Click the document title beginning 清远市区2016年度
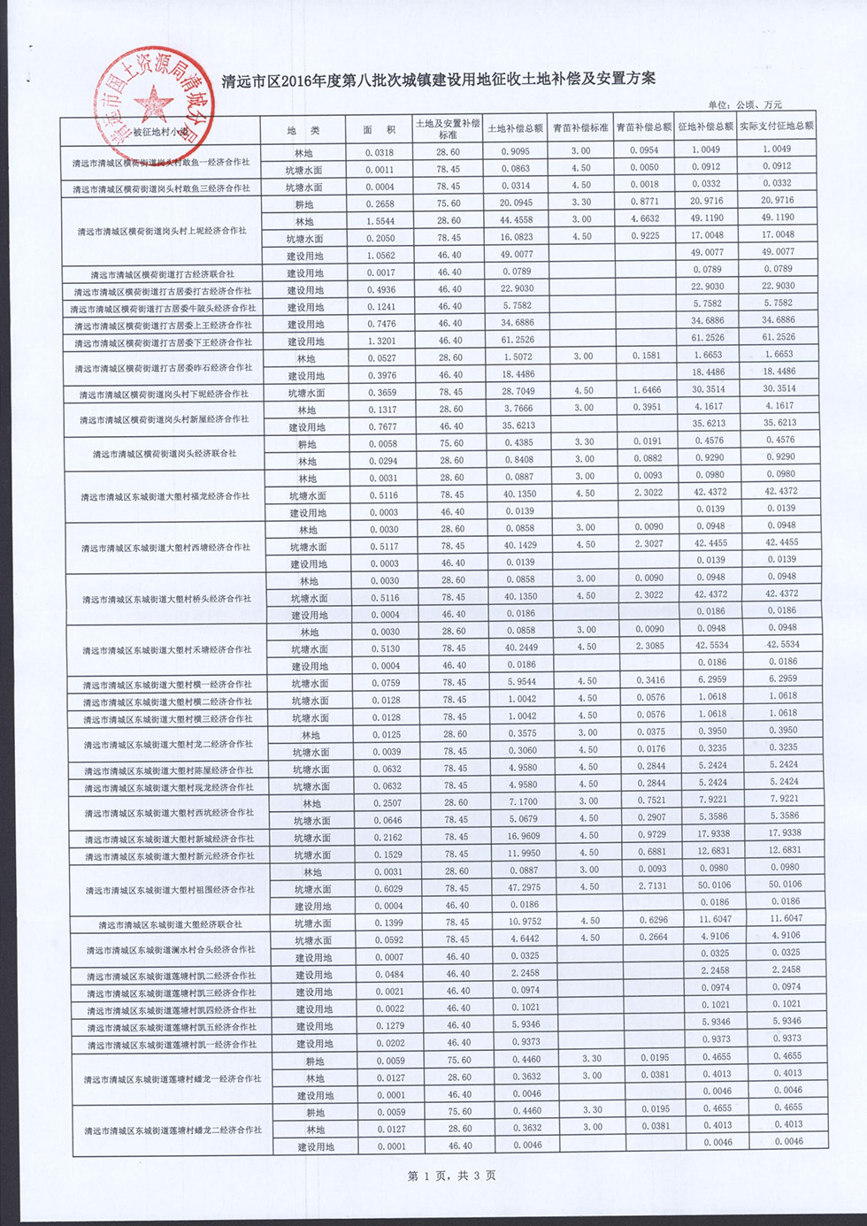click(440, 79)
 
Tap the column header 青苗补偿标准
click(580, 127)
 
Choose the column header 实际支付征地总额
click(776, 126)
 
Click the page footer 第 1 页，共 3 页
click(451, 1176)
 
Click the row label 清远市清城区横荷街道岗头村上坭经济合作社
click(162, 231)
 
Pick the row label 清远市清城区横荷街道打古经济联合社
click(162, 274)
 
